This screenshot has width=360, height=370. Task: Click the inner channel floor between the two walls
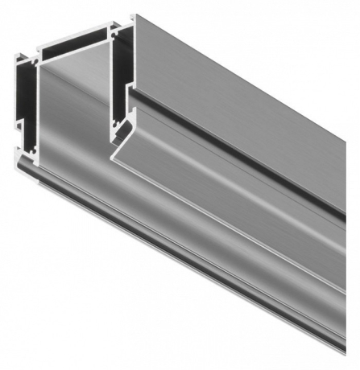[72, 105]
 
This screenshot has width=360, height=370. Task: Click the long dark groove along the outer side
[242, 141]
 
